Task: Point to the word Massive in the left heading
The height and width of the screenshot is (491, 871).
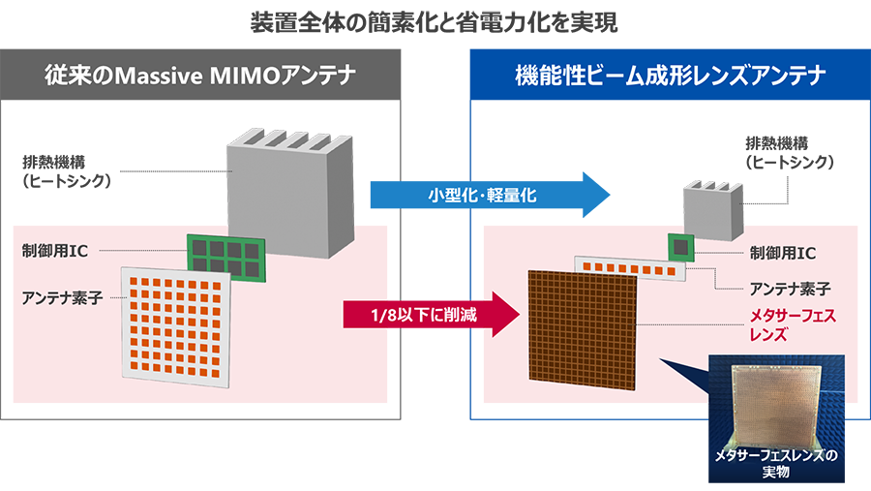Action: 168,76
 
